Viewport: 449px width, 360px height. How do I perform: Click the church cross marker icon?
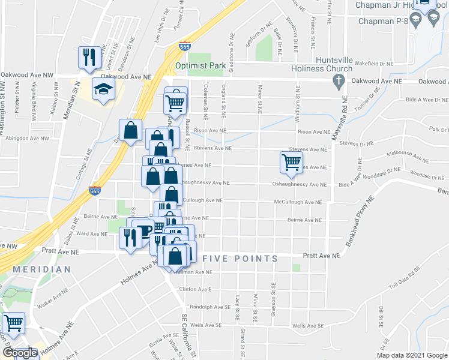[339, 81]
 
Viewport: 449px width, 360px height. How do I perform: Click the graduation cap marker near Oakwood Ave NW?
[103, 90]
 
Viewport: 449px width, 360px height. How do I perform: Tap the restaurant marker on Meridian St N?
[88, 57]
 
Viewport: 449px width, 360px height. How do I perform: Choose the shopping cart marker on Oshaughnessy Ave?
[291, 162]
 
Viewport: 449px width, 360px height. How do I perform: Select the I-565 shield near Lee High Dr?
[185, 46]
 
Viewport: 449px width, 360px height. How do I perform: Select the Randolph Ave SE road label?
[210, 307]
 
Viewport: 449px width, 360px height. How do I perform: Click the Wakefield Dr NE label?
[373, 62]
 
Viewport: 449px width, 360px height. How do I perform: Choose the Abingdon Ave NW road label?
[28, 139]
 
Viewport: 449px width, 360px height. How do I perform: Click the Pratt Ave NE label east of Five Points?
[321, 256]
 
